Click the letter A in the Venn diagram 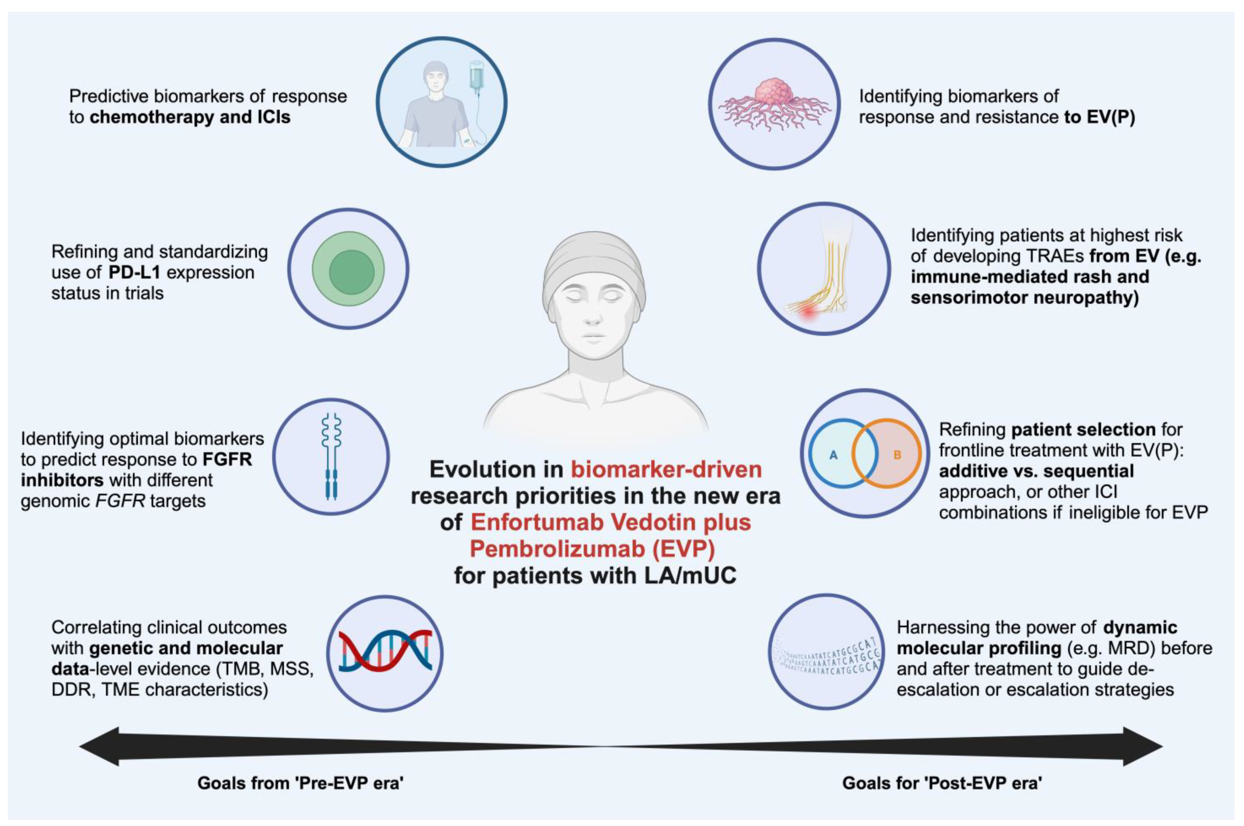coord(833,455)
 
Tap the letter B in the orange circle coord(897,455)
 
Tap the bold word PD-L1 coord(134,272)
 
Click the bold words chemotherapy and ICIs coord(190,117)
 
